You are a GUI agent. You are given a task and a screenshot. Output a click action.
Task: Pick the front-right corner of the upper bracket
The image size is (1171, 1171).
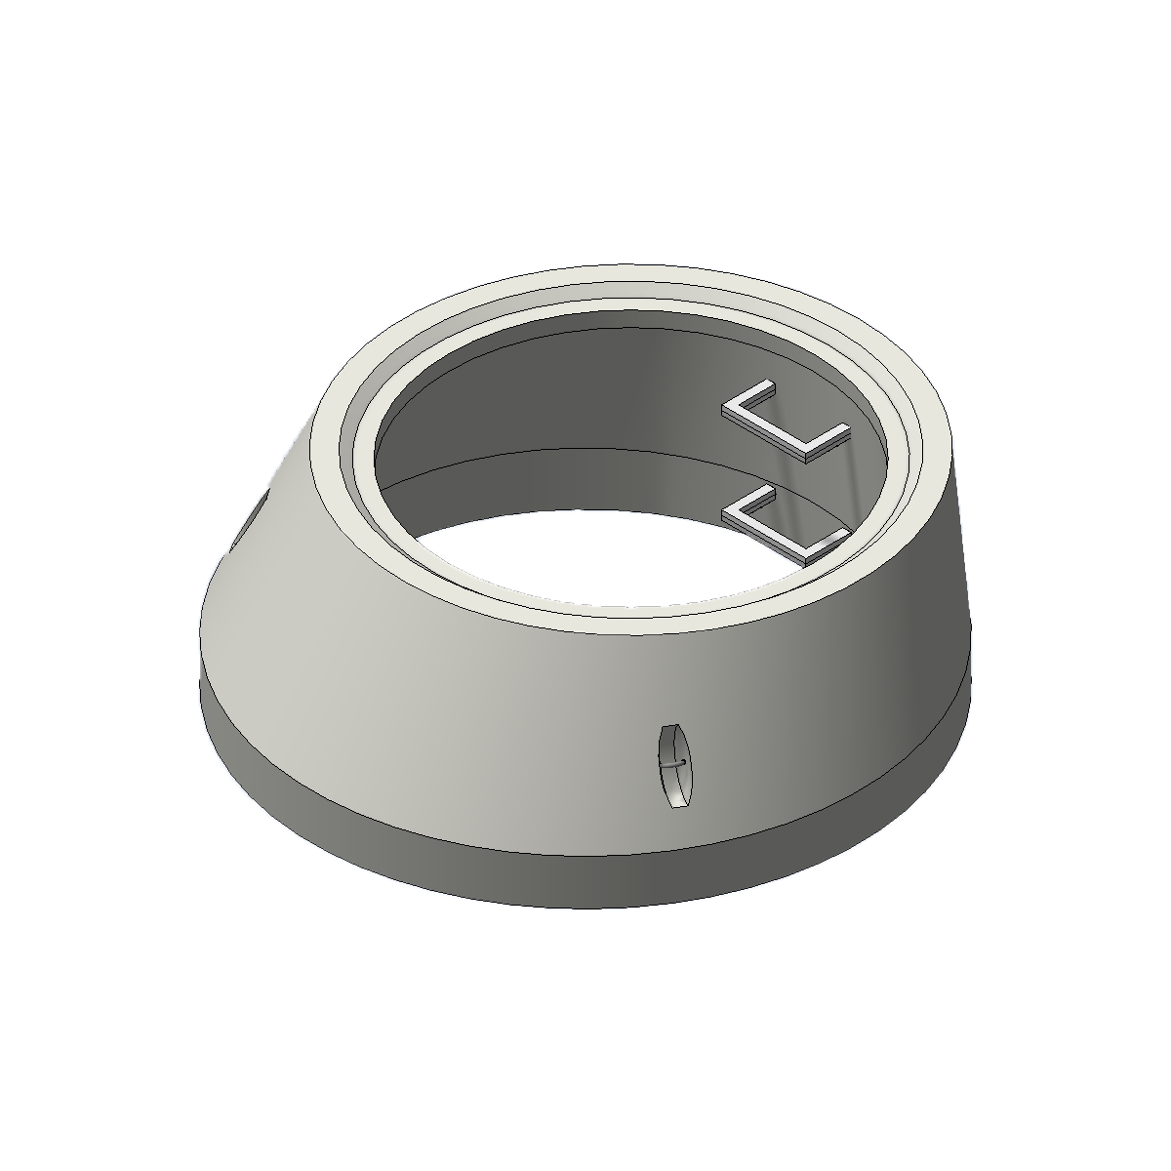pos(806,456)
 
